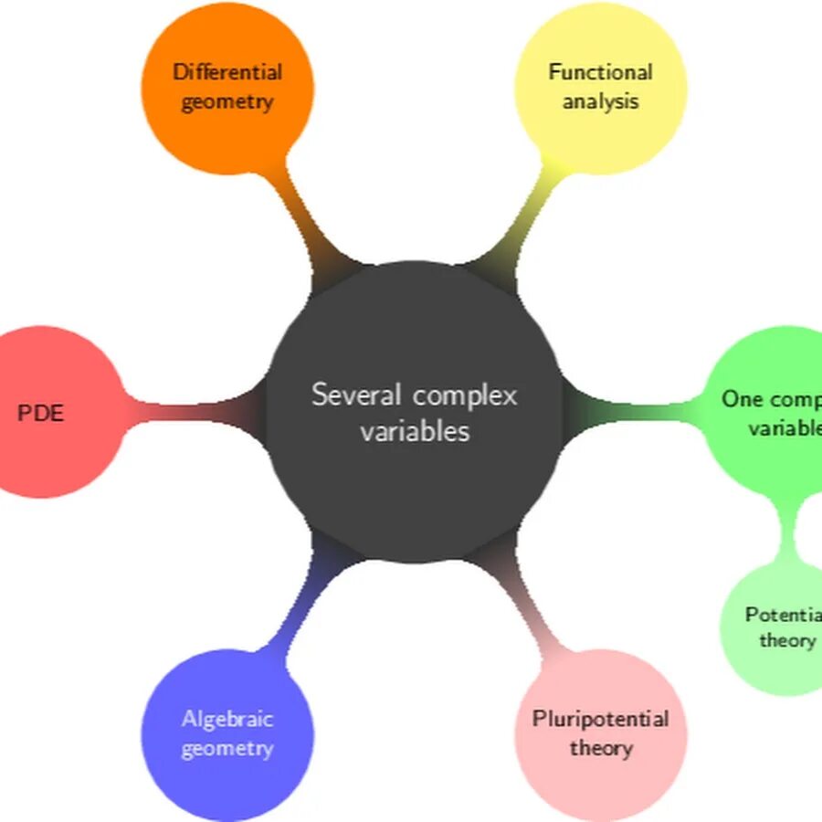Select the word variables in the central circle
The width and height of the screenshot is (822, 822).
pos(415,431)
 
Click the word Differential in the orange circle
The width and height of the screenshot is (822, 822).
pos(227,71)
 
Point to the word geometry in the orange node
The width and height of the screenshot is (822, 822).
pos(227,100)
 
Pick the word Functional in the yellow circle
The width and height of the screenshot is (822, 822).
pos(600,71)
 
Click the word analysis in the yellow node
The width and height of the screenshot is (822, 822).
pos(600,100)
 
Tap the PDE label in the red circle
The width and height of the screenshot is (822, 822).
pos(41,413)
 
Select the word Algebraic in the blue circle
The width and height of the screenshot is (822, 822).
pos(227,719)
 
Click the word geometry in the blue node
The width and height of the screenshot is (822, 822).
pos(227,749)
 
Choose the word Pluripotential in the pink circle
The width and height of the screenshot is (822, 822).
pos(600,719)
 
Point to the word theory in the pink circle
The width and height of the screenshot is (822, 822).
pos(600,749)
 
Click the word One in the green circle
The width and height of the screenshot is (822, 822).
pos(742,399)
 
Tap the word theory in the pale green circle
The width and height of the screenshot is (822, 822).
pos(786,640)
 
